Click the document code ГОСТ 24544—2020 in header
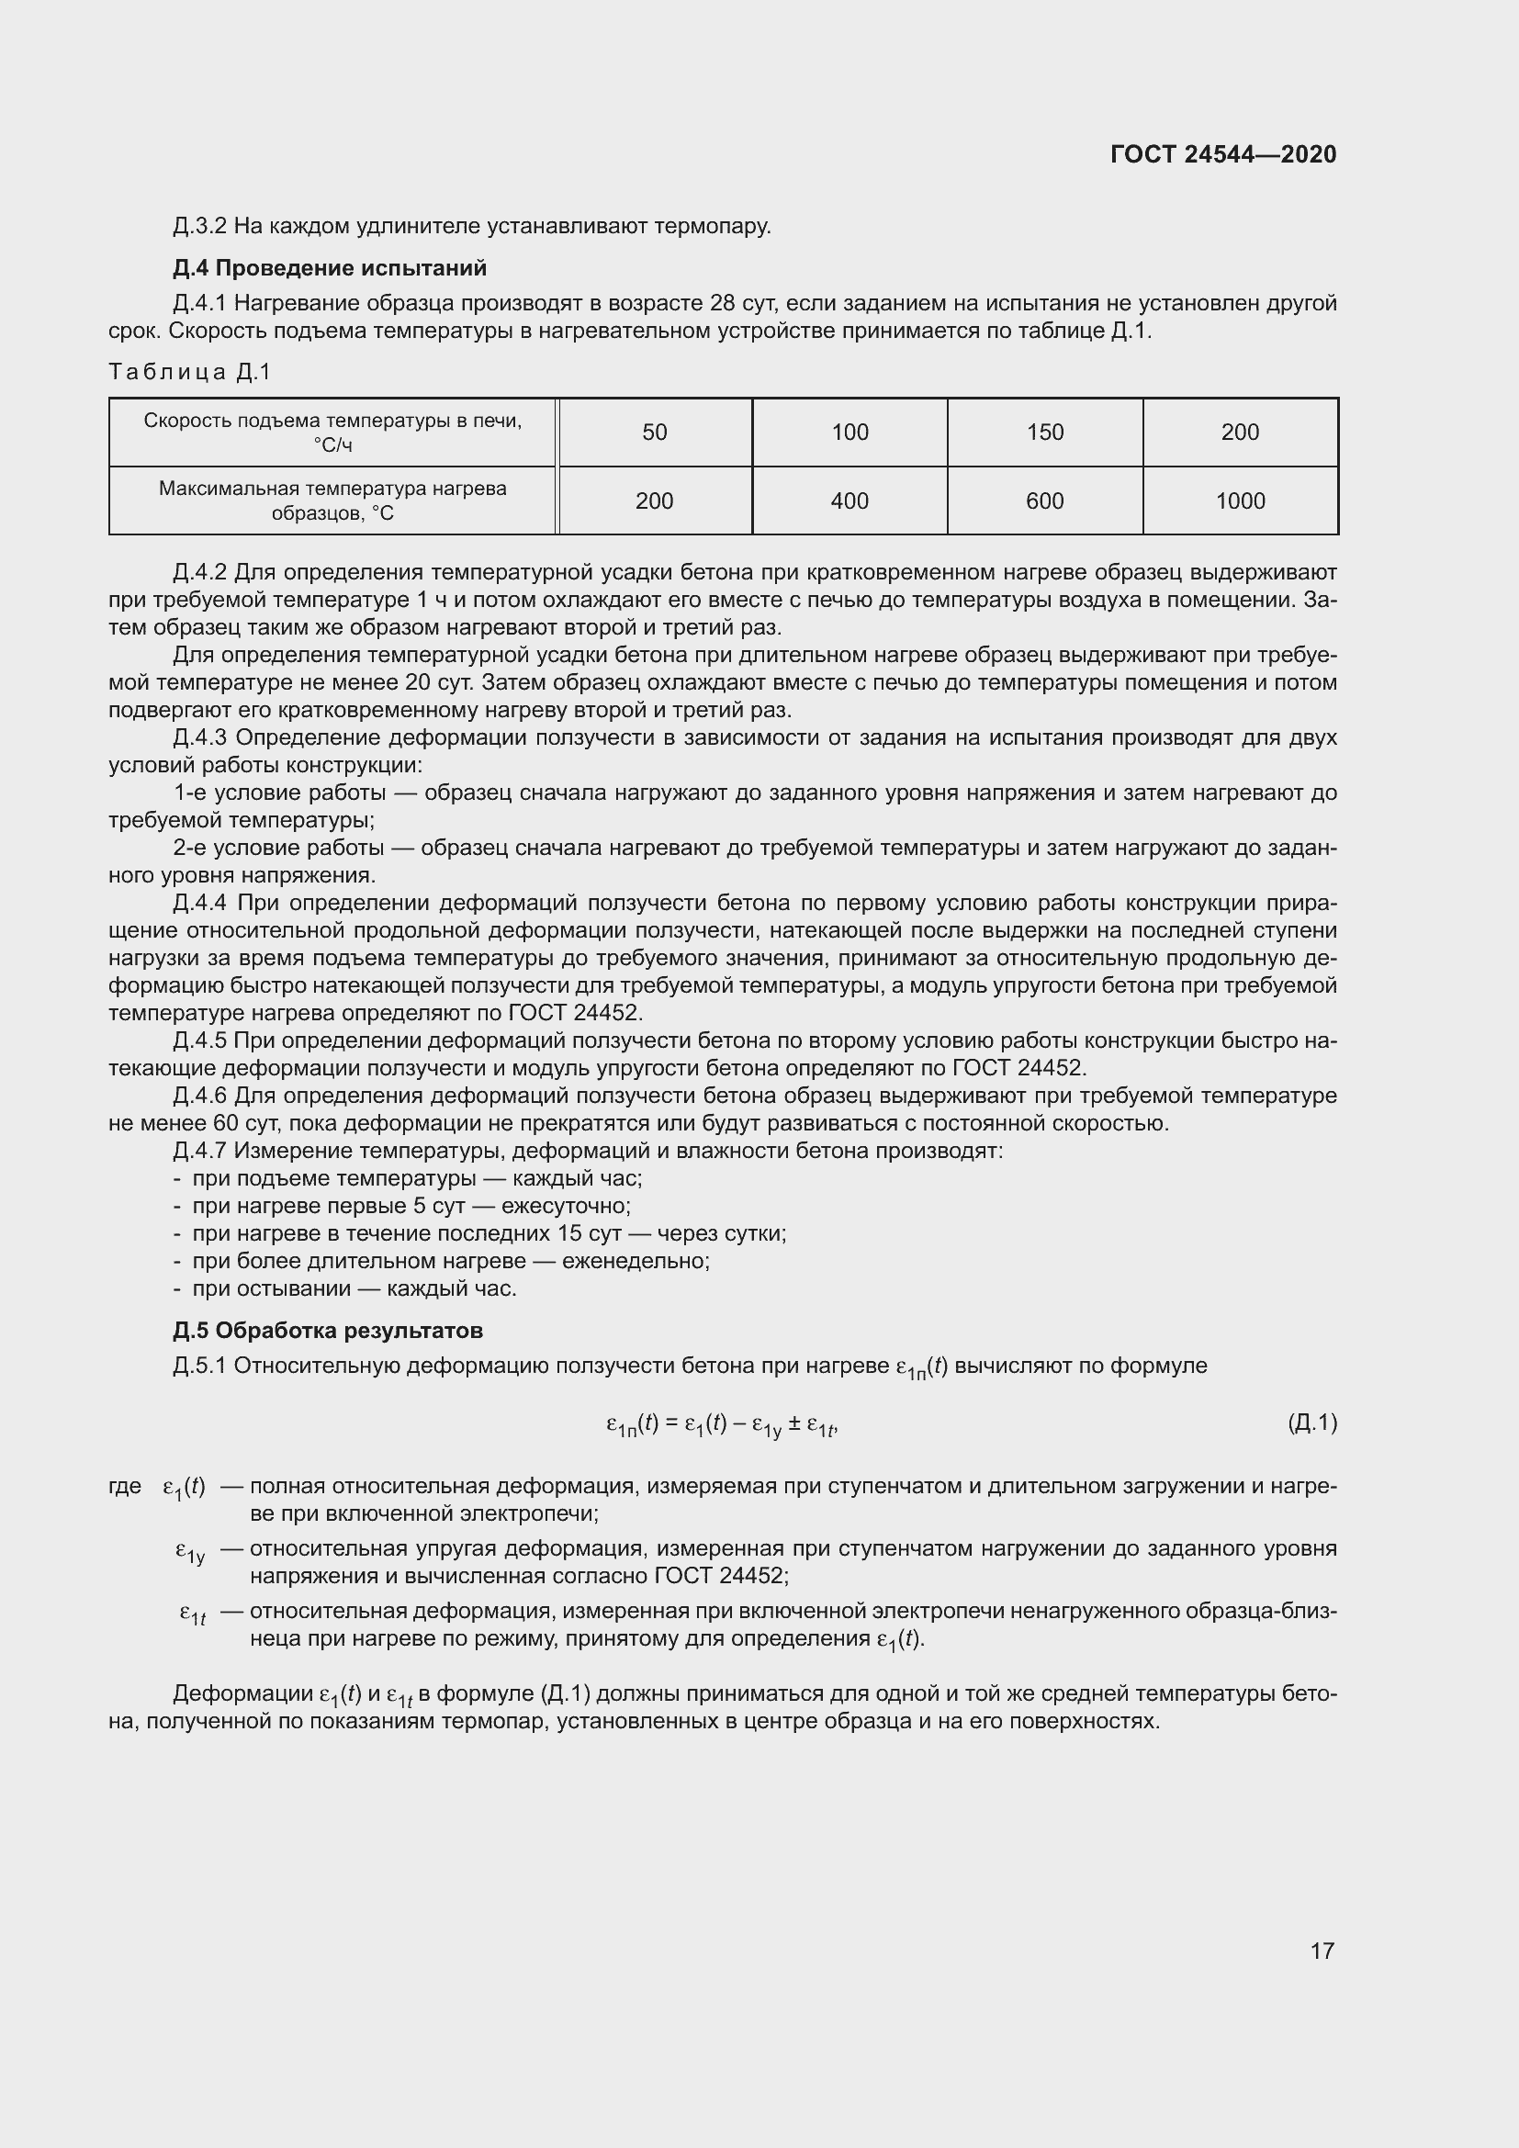(1222, 154)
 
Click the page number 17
(1322, 1951)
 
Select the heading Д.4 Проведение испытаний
(330, 268)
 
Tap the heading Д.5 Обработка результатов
(327, 1331)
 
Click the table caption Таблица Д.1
(190, 372)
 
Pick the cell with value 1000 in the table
(1239, 501)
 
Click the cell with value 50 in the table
(654, 433)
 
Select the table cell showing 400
(850, 501)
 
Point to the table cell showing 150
(1045, 433)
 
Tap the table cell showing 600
(1045, 501)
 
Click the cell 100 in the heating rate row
(850, 433)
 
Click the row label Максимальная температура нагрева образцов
(332, 500)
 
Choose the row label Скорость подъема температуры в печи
(332, 433)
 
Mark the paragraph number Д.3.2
(199, 227)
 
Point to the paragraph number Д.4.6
(199, 1096)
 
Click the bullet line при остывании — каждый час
(354, 1288)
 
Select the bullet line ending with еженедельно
(450, 1261)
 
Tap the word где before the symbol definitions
(125, 1486)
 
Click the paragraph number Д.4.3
(199, 738)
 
